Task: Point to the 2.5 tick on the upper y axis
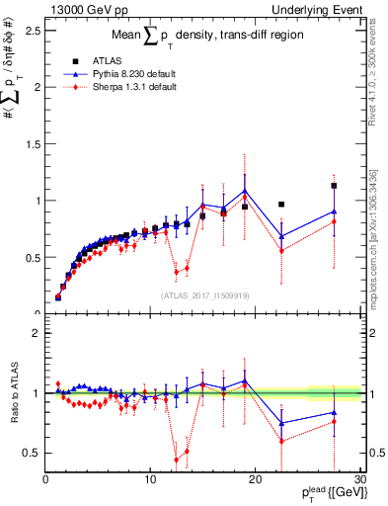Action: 35,31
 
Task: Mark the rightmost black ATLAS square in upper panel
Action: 335,186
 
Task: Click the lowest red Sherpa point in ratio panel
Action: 177,460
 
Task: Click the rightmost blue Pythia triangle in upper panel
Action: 335,211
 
